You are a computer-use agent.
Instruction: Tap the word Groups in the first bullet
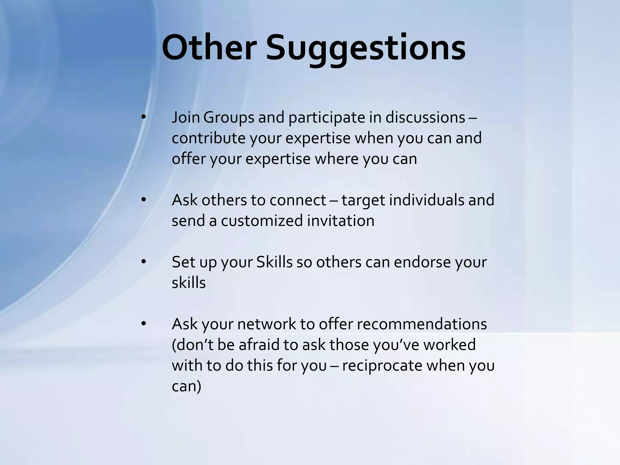[x=229, y=117]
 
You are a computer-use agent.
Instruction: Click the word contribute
[x=209, y=138]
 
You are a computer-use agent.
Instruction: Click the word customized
[x=262, y=221]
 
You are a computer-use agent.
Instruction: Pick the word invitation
[x=341, y=221]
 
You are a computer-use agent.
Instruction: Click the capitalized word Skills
[x=274, y=262]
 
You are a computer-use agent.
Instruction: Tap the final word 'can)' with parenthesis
[x=186, y=386]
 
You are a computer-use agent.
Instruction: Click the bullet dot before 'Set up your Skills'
[x=143, y=262]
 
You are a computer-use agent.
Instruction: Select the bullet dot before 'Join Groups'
[x=143, y=117]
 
